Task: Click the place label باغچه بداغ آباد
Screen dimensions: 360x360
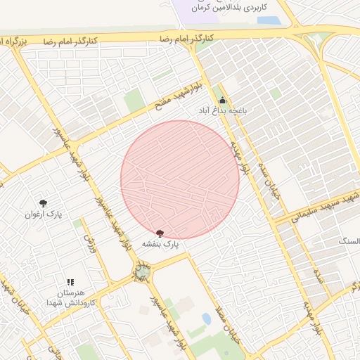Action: click(222, 110)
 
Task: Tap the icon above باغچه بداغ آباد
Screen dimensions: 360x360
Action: click(223, 100)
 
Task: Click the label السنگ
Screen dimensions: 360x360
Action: click(349, 241)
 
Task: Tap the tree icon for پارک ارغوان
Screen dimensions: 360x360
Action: click(44, 203)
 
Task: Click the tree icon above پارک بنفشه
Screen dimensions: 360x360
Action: click(160, 233)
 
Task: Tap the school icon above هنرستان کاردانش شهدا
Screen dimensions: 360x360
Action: click(70, 282)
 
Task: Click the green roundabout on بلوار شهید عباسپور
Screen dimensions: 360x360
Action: click(143, 272)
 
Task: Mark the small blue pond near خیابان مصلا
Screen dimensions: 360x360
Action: click(206, 319)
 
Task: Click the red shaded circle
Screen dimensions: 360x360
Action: click(180, 179)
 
